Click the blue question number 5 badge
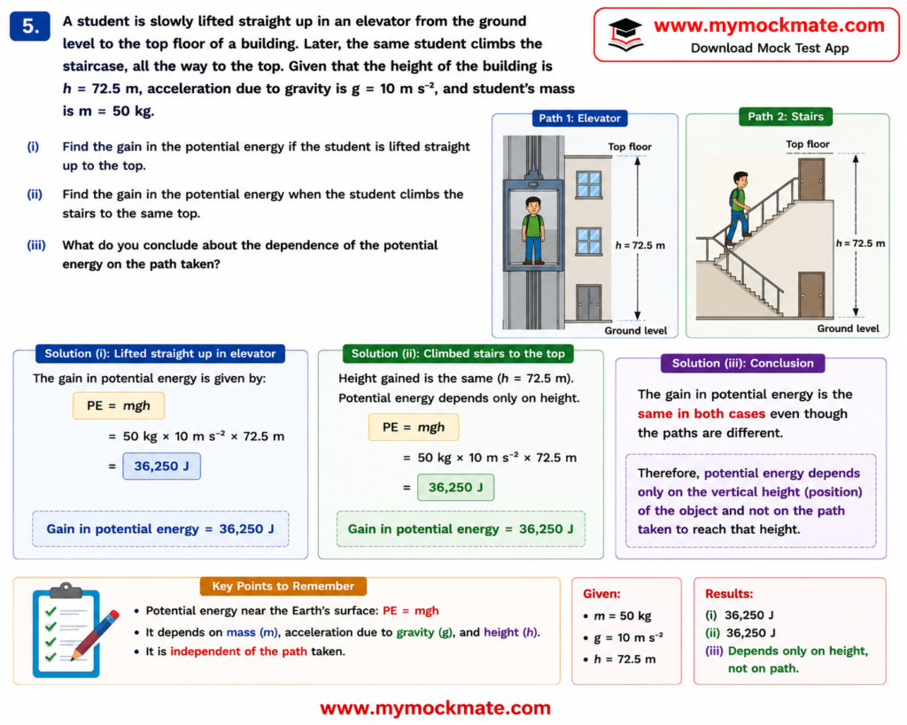pos(30,26)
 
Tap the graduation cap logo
pos(625,35)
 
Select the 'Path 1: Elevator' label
pos(579,118)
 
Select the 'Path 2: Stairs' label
pos(786,116)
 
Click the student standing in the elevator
pos(533,230)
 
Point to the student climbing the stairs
pos(738,208)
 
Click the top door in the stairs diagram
pos(811,180)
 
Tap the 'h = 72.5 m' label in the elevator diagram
pos(640,245)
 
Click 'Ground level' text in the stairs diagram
pos(848,328)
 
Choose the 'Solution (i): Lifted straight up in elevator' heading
pos(160,354)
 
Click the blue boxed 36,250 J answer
pos(161,466)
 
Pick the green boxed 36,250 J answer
pos(456,488)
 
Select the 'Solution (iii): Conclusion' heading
pos(743,363)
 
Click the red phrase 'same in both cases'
pos(702,414)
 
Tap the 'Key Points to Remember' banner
pos(283,586)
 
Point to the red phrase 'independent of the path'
pos(238,652)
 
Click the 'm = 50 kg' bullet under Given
pos(617,616)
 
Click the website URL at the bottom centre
pos(435,707)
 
